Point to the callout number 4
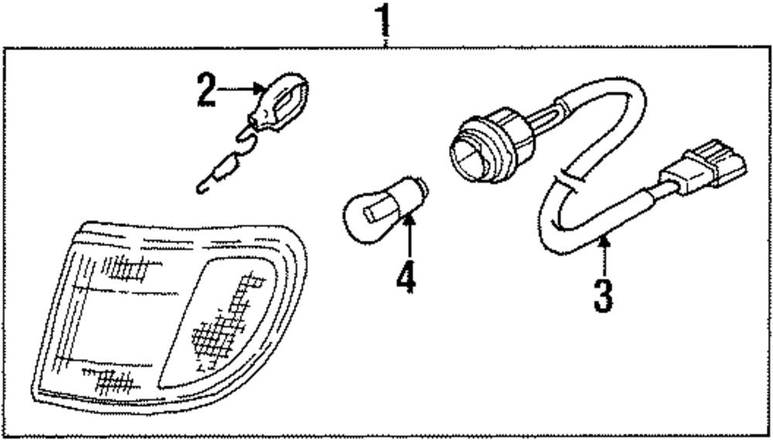pyautogui.click(x=405, y=279)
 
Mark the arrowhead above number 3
pyautogui.click(x=605, y=243)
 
